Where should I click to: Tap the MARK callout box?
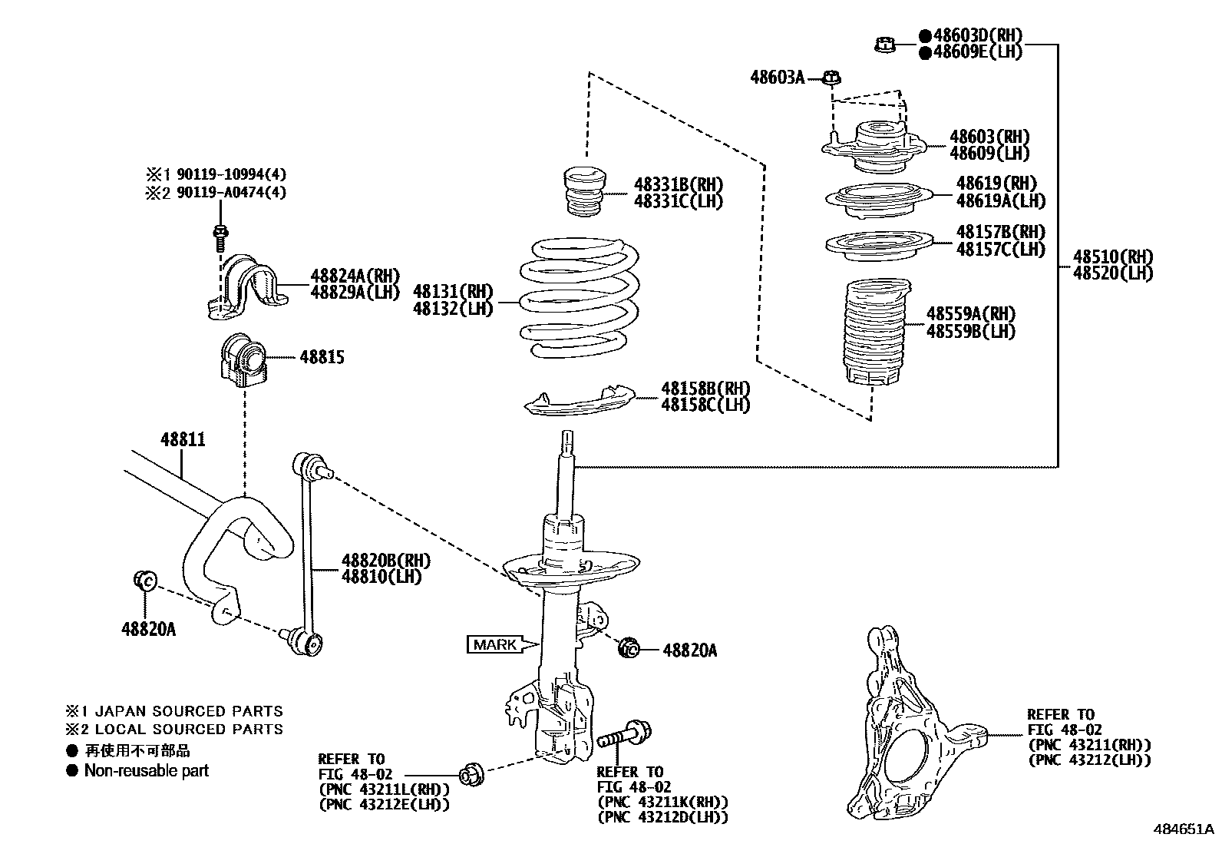(x=496, y=645)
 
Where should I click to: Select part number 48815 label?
(x=322, y=357)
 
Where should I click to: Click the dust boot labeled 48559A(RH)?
(x=874, y=334)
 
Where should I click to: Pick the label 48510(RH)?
(x=1112, y=257)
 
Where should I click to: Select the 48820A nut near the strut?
(x=629, y=649)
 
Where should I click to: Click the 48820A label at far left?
(x=148, y=629)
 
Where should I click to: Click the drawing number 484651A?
(x=1183, y=829)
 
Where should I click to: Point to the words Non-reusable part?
(x=146, y=770)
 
